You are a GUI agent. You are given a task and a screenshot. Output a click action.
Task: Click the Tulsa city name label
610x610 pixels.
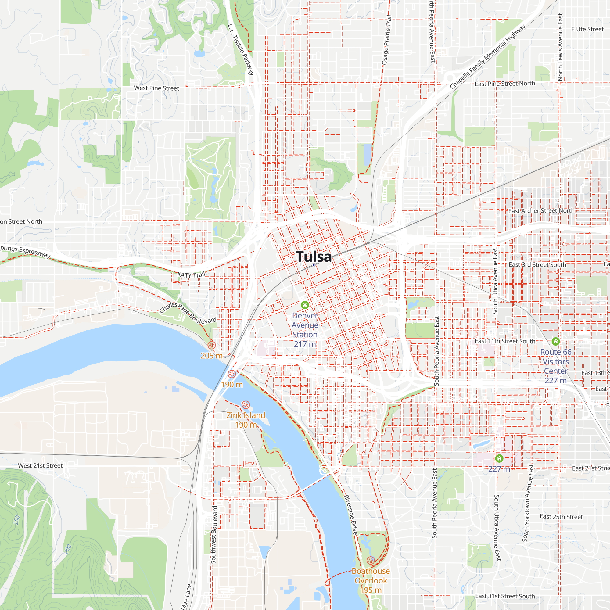pyautogui.click(x=314, y=257)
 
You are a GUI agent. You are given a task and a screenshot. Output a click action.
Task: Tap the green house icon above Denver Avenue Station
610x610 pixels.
pyautogui.click(x=305, y=305)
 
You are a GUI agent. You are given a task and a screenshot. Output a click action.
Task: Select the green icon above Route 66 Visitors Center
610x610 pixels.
pyautogui.click(x=556, y=341)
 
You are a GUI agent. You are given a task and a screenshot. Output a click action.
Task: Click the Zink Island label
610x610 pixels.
pyautogui.click(x=246, y=415)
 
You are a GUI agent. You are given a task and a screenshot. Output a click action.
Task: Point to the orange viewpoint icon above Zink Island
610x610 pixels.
pyautogui.click(x=246, y=405)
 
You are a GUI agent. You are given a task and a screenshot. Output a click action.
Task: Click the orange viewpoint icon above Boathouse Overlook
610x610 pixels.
pyautogui.click(x=371, y=560)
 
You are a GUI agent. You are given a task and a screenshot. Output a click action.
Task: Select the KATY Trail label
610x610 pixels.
pyautogui.click(x=191, y=275)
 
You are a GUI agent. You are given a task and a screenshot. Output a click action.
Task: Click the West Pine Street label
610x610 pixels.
pyautogui.click(x=156, y=88)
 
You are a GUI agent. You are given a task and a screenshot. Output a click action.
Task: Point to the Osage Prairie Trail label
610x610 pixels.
pyautogui.click(x=387, y=40)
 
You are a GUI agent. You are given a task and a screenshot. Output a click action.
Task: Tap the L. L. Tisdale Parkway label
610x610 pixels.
pyautogui.click(x=241, y=49)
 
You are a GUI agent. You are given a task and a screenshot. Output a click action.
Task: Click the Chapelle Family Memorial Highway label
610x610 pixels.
pyautogui.click(x=487, y=56)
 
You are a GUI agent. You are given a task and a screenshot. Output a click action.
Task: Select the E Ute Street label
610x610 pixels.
pyautogui.click(x=587, y=29)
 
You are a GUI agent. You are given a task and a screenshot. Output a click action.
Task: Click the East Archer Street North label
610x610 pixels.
pyautogui.click(x=541, y=210)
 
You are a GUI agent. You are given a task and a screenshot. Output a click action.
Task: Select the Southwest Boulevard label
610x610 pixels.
pyautogui.click(x=214, y=535)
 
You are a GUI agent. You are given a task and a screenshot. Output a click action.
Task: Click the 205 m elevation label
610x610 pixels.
pyautogui.click(x=212, y=356)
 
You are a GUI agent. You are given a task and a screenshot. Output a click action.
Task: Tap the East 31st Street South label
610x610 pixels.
pyautogui.click(x=505, y=596)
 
